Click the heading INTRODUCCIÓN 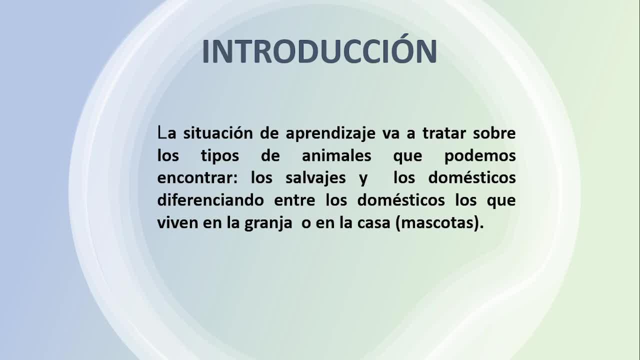[319, 49]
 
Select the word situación [218, 133]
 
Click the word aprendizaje [330, 133]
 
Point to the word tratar [444, 133]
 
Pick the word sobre [494, 133]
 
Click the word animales [336, 155]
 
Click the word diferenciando [210, 199]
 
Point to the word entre [294, 200]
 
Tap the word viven [177, 223]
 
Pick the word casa [373, 223]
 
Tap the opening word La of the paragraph [167, 133]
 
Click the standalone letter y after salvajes [363, 179]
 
